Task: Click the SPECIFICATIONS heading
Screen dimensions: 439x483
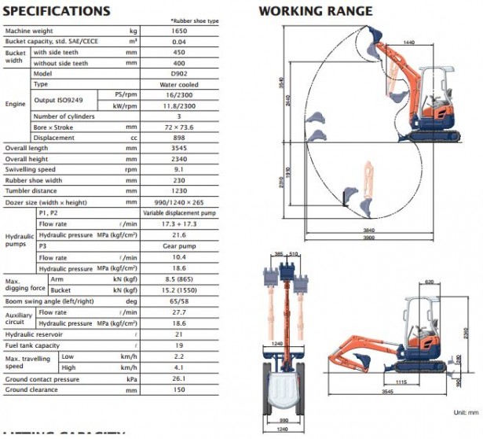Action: [57, 11]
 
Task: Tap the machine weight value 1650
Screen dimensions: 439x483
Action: [195, 31]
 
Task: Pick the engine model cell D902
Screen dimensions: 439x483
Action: [195, 73]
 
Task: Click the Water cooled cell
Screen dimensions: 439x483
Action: [195, 83]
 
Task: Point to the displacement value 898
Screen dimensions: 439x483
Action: [195, 138]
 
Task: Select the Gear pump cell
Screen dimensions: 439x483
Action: [195, 245]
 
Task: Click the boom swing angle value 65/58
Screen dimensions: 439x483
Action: [195, 301]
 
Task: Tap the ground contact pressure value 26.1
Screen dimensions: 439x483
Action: [195, 378]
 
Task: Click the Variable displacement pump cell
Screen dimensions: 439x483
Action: [195, 212]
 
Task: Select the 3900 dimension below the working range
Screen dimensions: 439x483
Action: [368, 236]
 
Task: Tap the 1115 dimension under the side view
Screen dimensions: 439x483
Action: [401, 382]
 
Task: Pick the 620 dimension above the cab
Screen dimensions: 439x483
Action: [430, 281]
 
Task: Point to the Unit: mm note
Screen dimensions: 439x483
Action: [465, 411]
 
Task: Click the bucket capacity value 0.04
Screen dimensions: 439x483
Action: [195, 41]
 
